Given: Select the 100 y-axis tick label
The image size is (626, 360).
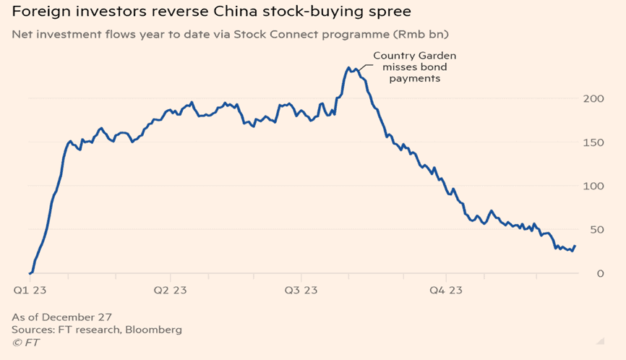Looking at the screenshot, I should click(x=592, y=186).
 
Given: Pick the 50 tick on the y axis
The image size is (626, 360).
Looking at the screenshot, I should click(x=595, y=230).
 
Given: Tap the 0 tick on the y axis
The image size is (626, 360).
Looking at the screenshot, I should click(x=599, y=273).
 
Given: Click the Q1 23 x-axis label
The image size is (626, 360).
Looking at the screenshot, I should click(x=30, y=291).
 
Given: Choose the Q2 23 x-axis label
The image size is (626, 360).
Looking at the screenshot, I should click(x=170, y=291).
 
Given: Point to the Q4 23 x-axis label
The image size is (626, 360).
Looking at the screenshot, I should click(x=446, y=291).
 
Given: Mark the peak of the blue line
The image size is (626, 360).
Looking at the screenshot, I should click(x=348, y=68).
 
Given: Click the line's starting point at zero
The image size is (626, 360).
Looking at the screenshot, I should click(x=30, y=273).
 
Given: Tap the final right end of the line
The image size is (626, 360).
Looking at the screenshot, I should click(x=575, y=246).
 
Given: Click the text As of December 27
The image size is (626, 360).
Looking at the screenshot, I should click(x=61, y=317).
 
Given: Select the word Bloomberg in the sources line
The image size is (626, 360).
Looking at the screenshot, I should click(x=154, y=330).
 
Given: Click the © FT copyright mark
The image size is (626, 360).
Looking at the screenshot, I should click(x=26, y=343).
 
